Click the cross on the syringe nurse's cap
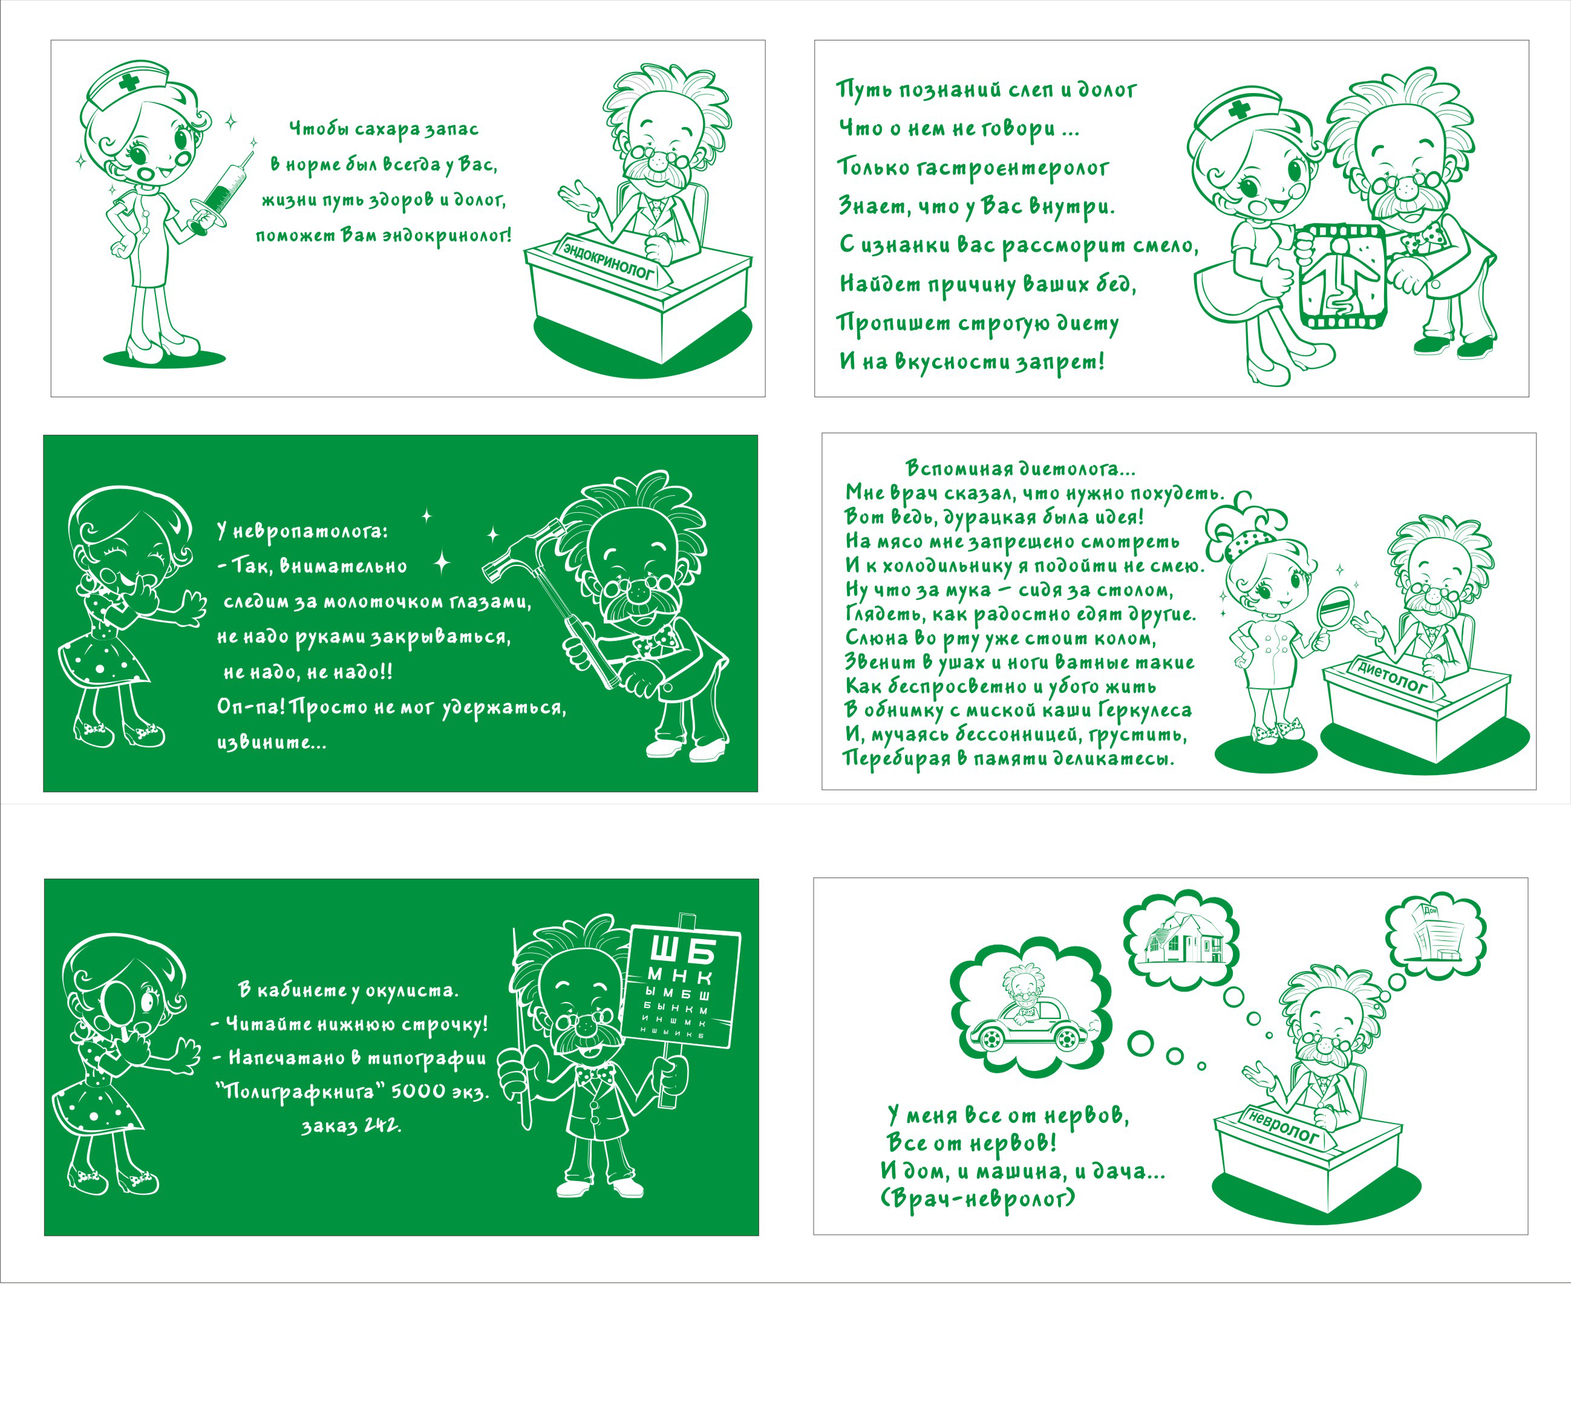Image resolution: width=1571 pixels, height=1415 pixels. point(129,81)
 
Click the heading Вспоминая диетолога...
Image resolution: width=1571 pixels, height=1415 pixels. point(1021,469)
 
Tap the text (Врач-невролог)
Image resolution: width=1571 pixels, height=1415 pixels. point(978,1198)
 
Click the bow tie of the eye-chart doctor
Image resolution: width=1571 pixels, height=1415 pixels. point(595,1076)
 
